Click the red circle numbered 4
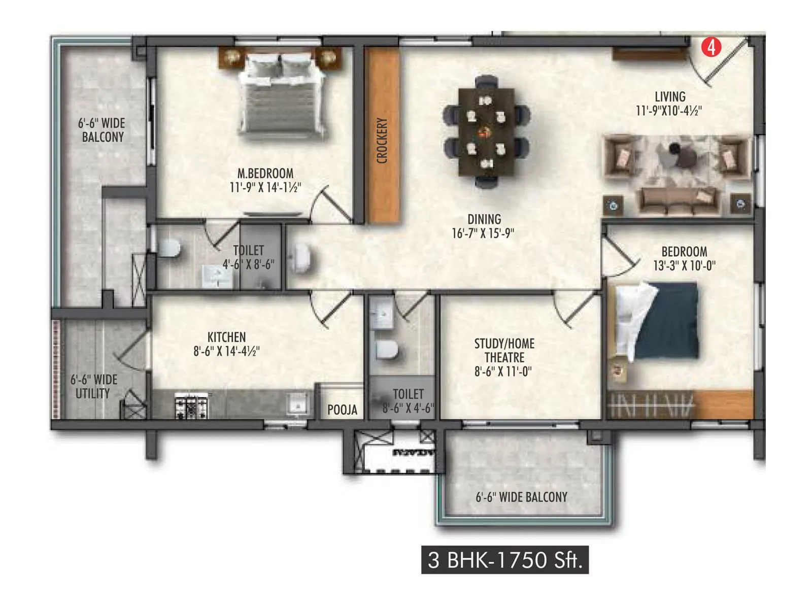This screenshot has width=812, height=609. (711, 47)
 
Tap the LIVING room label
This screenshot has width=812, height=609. (669, 96)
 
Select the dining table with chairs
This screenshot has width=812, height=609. (486, 132)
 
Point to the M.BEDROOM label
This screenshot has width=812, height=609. (265, 173)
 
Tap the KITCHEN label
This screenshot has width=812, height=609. (226, 337)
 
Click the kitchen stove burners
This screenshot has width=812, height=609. (192, 406)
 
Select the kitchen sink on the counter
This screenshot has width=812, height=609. (297, 405)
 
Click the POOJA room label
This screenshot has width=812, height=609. (342, 410)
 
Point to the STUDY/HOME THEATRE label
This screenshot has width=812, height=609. (504, 350)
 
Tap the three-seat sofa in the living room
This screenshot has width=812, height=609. (678, 199)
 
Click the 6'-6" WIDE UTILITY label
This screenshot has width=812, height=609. (93, 386)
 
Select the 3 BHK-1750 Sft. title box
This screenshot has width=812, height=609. (504, 560)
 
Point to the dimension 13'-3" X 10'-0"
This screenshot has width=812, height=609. (684, 265)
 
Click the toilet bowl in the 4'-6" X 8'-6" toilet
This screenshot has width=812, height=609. (170, 248)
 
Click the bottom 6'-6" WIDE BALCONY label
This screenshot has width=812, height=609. (521, 497)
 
